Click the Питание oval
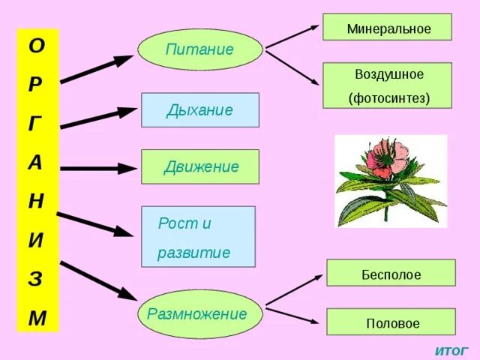coord(199,49)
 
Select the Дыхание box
coord(199,109)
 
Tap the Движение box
coord(199,166)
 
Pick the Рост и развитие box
coord(198,237)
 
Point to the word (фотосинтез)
coord(387,98)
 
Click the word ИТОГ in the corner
coord(451,350)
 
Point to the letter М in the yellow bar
coord(37,318)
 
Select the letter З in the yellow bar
coord(37,280)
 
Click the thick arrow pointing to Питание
coord(97,69)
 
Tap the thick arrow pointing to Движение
coord(97,169)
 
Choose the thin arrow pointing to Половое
coord(294,315)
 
